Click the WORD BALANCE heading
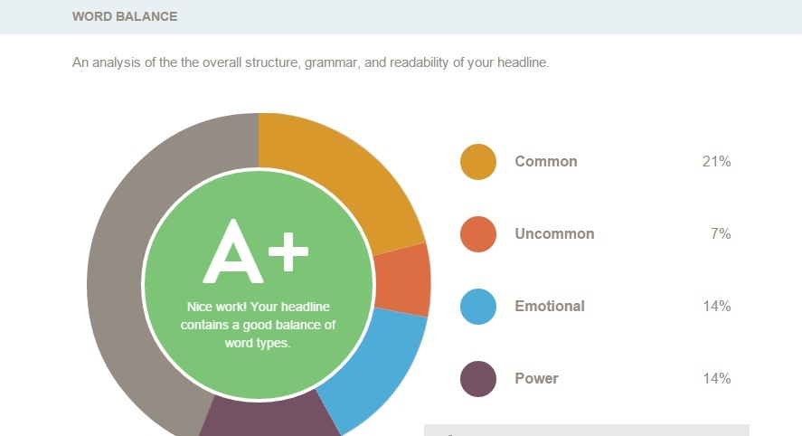(125, 16)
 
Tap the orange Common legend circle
(478, 162)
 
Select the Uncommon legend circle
(478, 234)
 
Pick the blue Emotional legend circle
(478, 307)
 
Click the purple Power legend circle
(478, 379)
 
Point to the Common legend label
(546, 162)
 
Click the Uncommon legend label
(554, 234)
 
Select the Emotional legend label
(550, 306)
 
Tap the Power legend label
(536, 379)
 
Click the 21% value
(717, 162)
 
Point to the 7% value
(721, 234)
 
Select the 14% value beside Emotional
(717, 306)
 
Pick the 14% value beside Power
(717, 379)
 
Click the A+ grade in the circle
(256, 251)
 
